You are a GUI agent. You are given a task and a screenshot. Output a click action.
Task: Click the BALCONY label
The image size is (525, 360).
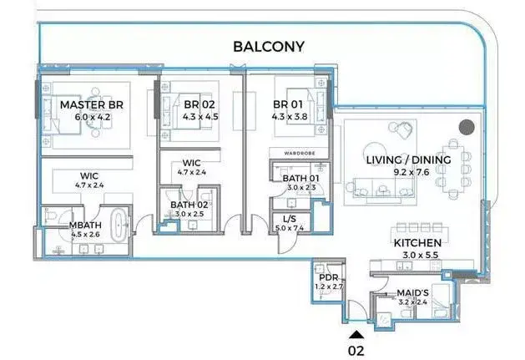269,47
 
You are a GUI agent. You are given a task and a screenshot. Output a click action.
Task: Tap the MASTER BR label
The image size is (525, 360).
92,105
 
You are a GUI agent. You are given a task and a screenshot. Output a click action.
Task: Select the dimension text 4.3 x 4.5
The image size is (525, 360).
200,117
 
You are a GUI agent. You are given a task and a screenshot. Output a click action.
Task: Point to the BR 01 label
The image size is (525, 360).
288,104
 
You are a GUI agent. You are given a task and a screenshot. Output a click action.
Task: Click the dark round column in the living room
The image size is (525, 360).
467,127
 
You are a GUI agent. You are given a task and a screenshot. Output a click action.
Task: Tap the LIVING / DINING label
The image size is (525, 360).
408,160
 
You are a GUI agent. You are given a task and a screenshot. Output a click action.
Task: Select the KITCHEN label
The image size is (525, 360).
417,243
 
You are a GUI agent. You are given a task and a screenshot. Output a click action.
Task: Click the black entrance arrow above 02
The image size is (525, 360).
356,335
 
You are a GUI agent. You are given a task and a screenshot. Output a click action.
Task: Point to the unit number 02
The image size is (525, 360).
356,351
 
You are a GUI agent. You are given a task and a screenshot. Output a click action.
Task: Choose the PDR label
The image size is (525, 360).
329,277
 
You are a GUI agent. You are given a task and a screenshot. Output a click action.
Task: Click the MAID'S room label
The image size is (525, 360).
412,293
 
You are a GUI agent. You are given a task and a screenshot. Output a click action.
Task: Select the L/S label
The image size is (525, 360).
290,219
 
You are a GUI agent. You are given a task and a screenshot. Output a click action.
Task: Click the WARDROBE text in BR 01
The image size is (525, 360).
300,153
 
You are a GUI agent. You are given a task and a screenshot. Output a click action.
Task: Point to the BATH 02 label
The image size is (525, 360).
189,205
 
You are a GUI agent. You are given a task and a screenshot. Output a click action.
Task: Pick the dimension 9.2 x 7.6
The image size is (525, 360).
411,172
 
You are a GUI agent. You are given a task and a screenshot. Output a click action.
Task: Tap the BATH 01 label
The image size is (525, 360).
301,178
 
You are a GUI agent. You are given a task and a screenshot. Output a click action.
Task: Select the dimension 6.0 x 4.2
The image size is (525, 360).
93,117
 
